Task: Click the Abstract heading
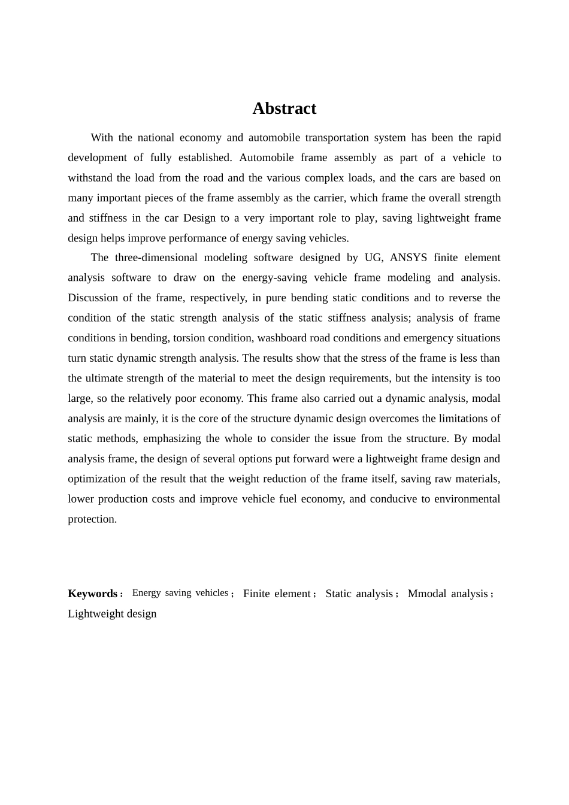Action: [x=284, y=108]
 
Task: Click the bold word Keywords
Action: [x=92, y=594]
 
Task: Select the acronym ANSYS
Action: [x=408, y=258]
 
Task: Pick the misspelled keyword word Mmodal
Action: [x=427, y=594]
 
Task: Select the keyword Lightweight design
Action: [x=112, y=613]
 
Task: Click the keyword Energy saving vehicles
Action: [x=180, y=593]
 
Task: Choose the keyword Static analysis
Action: [x=359, y=594]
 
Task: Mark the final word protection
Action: [x=92, y=519]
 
